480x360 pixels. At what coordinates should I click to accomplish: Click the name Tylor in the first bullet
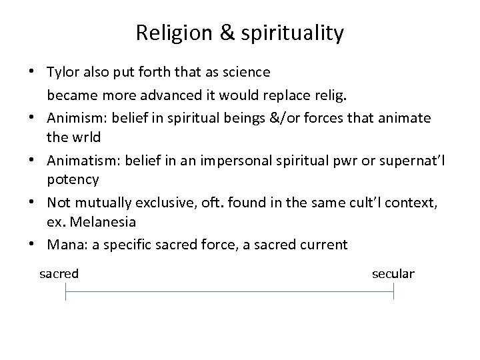click(x=63, y=71)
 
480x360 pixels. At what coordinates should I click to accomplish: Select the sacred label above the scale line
click(x=59, y=273)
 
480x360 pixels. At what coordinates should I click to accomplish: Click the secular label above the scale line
click(x=393, y=273)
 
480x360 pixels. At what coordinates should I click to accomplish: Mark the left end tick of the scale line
click(x=65, y=291)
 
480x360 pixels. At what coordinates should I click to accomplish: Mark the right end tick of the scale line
click(x=393, y=291)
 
